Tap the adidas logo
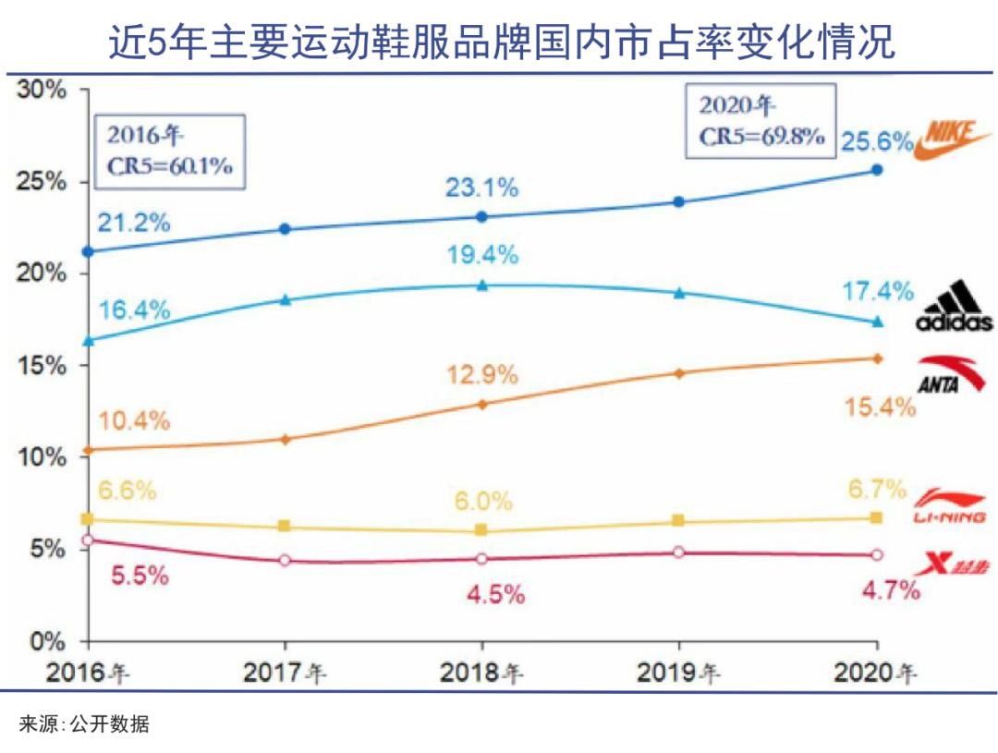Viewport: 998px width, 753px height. click(x=954, y=309)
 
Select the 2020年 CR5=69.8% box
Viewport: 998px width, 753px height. click(x=761, y=121)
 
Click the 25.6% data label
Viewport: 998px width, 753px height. click(x=877, y=142)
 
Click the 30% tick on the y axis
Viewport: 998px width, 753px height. click(x=43, y=90)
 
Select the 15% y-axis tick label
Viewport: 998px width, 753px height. click(x=43, y=365)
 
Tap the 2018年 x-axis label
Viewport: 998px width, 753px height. click(x=481, y=672)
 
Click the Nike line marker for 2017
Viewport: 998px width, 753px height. click(x=285, y=229)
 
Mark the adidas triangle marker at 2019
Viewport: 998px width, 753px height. click(x=679, y=293)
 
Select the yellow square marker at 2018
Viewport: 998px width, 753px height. click(x=481, y=530)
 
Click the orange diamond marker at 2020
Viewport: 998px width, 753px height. click(x=877, y=358)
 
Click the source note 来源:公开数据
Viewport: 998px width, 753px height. click(x=84, y=725)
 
